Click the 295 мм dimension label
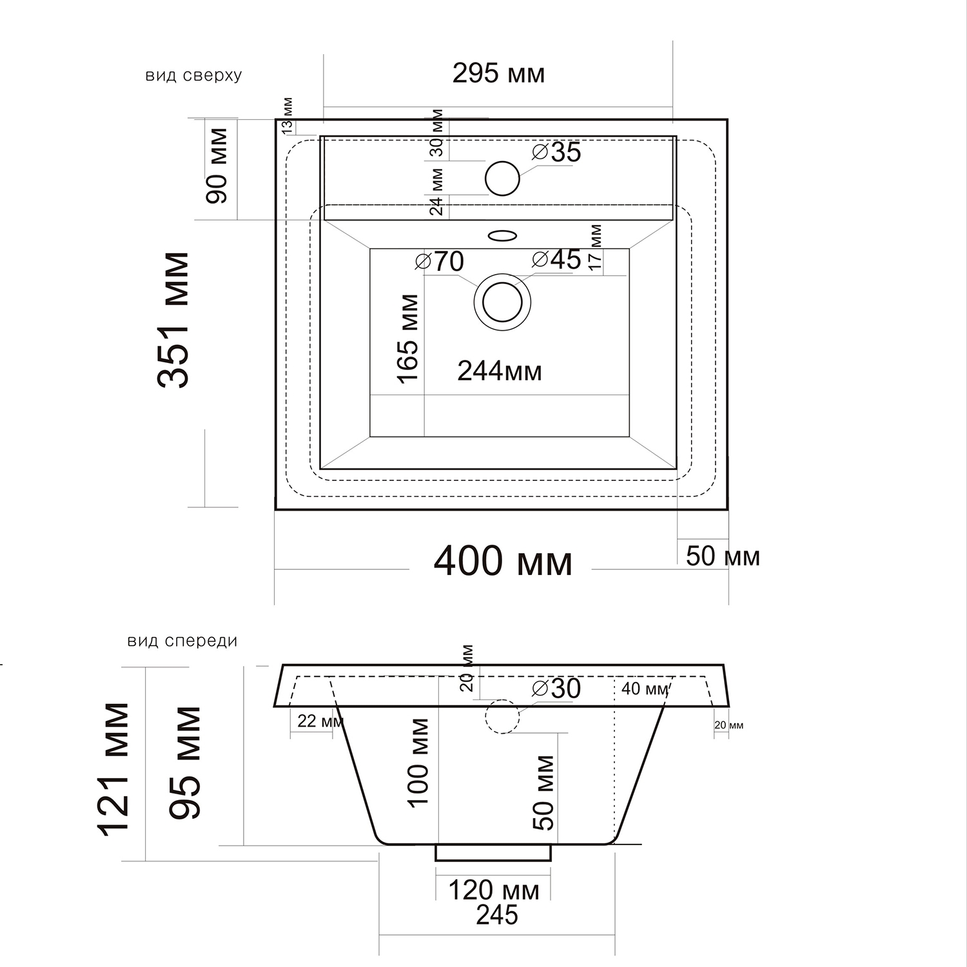point(498,73)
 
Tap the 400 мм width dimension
point(503,562)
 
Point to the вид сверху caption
point(193,75)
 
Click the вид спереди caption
point(182,641)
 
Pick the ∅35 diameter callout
point(557,152)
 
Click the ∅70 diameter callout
point(440,261)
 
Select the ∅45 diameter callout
point(557,259)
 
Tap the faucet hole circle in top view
point(502,178)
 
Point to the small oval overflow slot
point(503,235)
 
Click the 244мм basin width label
point(500,371)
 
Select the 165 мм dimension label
point(409,339)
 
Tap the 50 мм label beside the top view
point(723,556)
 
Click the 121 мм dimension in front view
point(114,769)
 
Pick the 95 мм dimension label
point(186,762)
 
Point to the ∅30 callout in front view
point(556,689)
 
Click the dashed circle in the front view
point(502,717)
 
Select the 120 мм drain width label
point(493,891)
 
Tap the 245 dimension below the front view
point(497,915)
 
